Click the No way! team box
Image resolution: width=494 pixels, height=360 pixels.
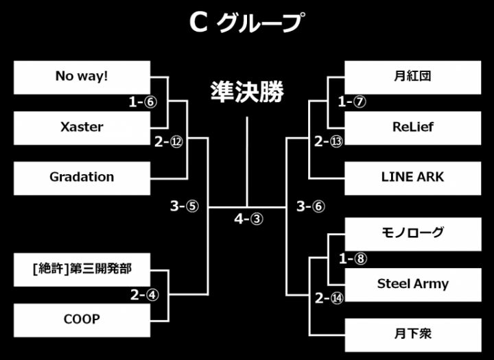point(82,77)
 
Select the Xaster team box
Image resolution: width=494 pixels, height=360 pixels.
point(82,127)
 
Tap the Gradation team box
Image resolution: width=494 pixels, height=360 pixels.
point(82,177)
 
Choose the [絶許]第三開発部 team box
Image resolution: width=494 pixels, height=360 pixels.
point(82,269)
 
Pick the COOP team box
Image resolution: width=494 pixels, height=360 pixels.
point(82,320)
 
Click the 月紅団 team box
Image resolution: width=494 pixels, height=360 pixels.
point(412,77)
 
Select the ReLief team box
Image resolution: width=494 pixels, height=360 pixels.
point(412,127)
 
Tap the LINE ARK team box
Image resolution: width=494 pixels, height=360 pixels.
point(412,177)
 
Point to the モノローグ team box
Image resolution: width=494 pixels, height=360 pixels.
point(412,233)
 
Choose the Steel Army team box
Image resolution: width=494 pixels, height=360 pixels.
point(412,284)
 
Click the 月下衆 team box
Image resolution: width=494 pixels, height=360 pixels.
point(412,335)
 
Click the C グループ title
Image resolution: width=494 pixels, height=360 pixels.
point(246,23)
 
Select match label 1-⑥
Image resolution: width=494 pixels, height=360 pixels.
point(143,102)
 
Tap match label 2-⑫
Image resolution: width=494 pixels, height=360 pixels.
point(168,142)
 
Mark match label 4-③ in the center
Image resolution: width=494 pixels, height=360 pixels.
point(248,219)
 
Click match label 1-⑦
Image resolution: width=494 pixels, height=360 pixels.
point(352,102)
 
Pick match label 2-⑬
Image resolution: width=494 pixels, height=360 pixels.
point(328,142)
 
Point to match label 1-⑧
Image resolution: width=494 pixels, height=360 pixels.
point(352,259)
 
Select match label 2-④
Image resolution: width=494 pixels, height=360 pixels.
point(144,296)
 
